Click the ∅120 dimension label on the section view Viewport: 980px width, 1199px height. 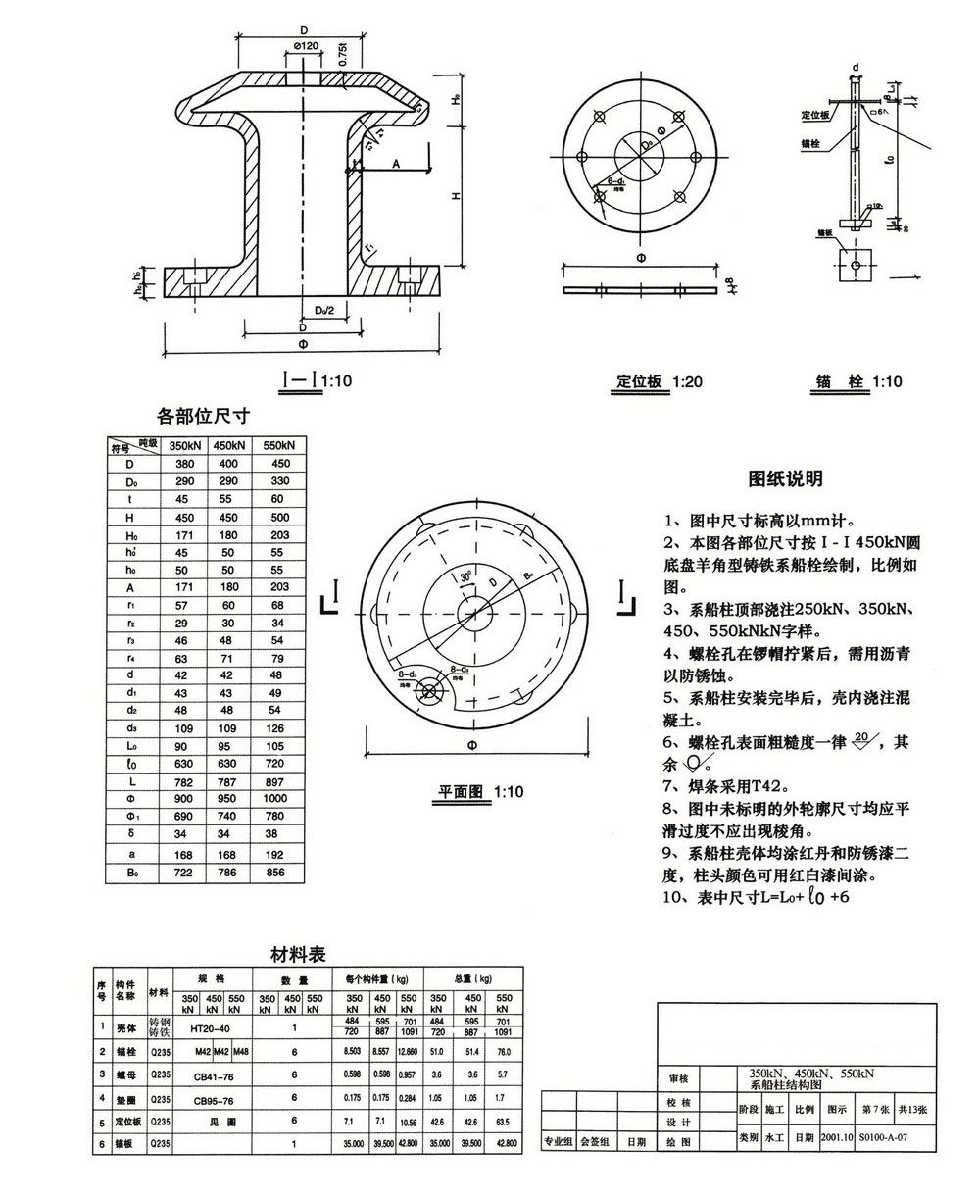coord(306,48)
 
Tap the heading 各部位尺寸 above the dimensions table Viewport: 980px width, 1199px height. coord(203,416)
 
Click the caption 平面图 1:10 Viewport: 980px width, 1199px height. coord(481,791)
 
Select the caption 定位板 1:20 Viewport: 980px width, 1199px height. coord(659,381)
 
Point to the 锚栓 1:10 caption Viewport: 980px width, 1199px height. coord(858,381)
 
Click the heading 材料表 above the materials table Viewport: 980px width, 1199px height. coord(298,954)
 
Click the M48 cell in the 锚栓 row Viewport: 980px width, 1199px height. coord(237,1051)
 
